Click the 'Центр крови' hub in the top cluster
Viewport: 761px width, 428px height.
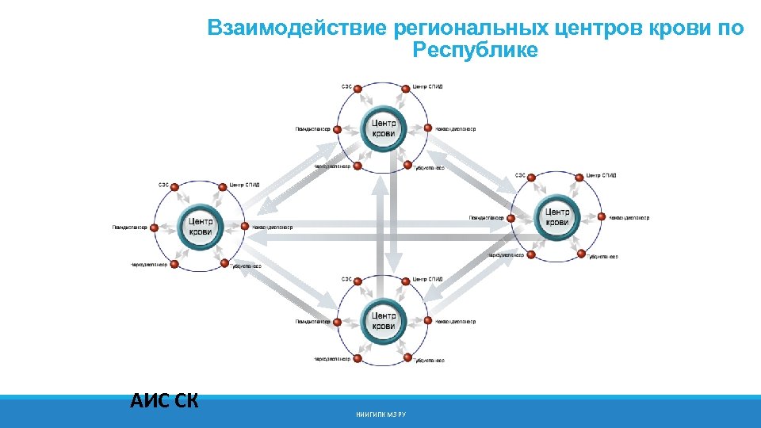tap(383, 128)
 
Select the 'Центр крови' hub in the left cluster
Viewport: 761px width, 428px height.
tap(201, 226)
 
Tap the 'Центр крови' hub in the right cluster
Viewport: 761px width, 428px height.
tap(557, 216)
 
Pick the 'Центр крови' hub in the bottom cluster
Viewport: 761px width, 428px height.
tap(383, 320)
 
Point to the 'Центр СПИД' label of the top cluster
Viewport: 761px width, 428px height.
tap(428, 86)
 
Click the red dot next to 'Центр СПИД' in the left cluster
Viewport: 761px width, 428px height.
tap(224, 185)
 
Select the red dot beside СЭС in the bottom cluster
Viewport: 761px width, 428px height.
tap(358, 280)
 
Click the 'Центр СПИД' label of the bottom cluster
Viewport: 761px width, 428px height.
tap(428, 279)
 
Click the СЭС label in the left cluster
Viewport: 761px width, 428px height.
tap(163, 185)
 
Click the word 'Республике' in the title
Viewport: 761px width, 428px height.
tap(475, 52)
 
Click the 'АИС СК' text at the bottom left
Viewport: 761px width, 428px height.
tap(164, 399)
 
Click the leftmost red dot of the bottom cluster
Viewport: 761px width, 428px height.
tap(337, 321)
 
